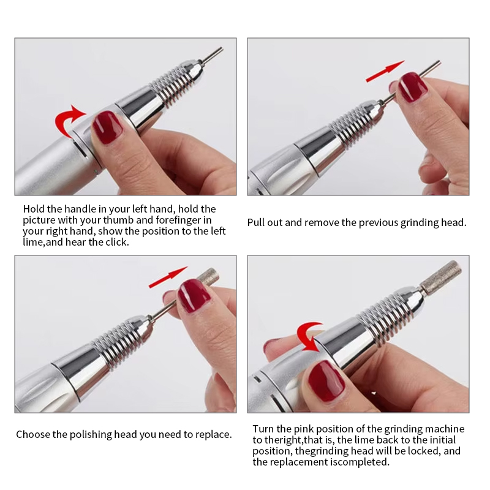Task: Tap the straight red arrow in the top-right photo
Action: click(x=385, y=71)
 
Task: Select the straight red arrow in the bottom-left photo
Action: click(x=168, y=277)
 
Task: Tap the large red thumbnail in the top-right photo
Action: click(x=412, y=86)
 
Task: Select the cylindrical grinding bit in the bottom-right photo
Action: click(x=440, y=275)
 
